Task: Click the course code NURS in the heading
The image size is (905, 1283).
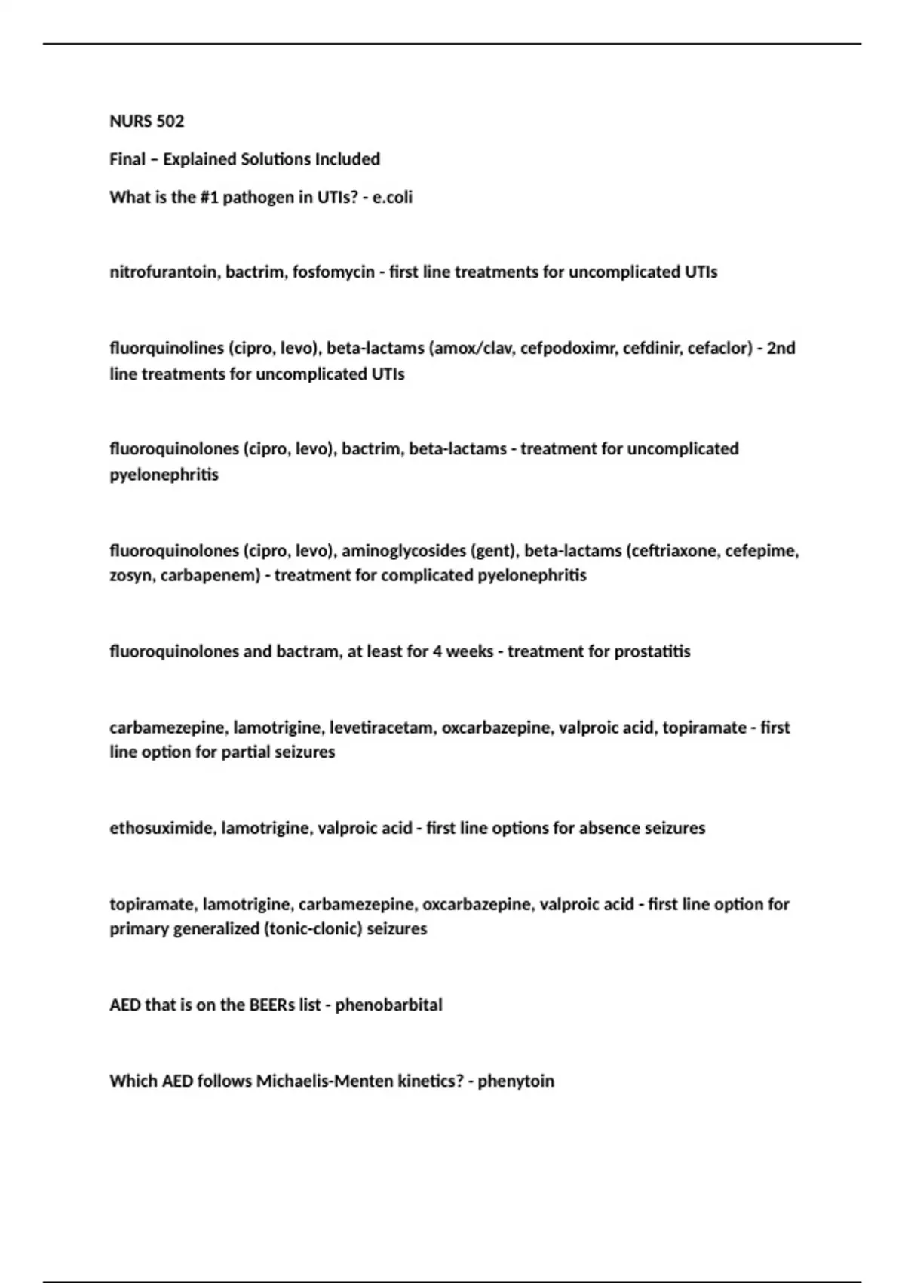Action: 130,122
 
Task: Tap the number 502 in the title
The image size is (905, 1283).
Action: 170,122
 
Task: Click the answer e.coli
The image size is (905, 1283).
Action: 392,198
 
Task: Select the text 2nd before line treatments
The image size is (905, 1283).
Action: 781,349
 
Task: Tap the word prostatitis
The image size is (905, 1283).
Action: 652,651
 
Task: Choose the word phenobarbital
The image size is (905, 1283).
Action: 388,1005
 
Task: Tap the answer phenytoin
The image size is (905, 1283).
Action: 516,1081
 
